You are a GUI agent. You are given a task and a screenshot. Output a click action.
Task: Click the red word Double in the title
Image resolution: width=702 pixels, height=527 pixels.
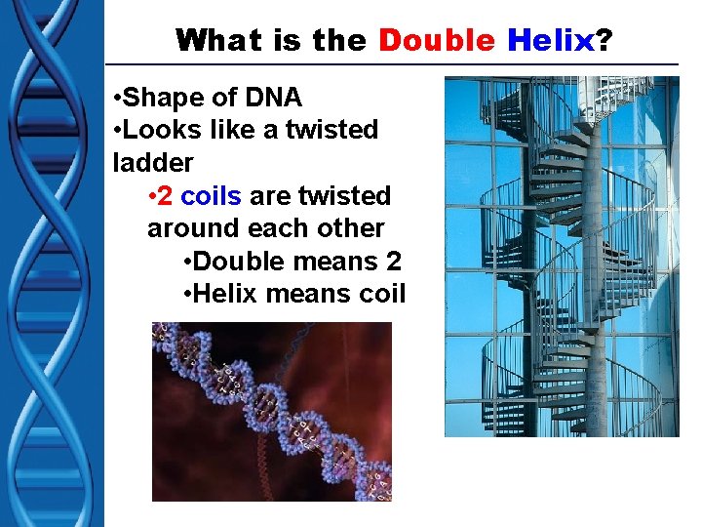tap(437, 40)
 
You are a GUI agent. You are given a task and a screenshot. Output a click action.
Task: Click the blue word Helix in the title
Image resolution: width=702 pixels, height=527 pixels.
tap(549, 40)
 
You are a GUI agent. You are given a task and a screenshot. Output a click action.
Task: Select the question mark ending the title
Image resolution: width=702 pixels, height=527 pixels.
tap(604, 40)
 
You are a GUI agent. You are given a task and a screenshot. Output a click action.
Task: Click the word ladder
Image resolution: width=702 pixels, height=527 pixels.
tap(153, 162)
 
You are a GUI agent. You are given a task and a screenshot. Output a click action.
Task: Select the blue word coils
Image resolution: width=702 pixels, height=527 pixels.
tap(211, 195)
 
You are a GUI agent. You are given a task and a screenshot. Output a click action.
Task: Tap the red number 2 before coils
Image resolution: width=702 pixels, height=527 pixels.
tap(165, 195)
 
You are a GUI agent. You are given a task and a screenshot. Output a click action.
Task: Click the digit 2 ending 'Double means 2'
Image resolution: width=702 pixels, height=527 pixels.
tap(393, 261)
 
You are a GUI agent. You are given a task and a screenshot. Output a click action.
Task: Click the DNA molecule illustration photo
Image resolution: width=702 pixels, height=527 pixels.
tap(271, 411)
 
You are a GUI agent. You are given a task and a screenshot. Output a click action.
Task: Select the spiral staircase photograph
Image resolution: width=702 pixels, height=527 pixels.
tap(562, 256)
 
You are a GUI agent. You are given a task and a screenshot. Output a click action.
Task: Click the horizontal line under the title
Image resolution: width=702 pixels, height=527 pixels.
tap(390, 65)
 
